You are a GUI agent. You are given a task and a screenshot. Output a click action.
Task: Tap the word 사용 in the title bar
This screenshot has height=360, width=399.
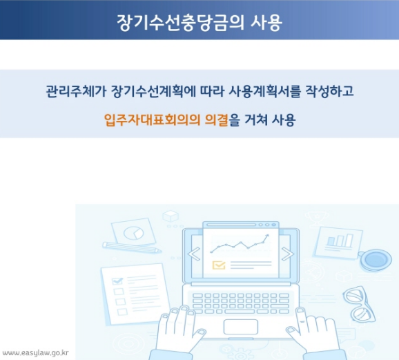[x=265, y=21]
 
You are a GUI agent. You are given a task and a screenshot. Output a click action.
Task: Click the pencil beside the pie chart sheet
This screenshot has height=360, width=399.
[x=132, y=247]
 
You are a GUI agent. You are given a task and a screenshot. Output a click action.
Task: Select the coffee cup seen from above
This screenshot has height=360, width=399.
[x=375, y=259]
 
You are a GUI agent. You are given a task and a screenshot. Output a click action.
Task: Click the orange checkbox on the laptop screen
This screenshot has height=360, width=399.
[x=219, y=265]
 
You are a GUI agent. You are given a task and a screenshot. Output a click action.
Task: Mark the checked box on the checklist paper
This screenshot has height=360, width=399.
[x=117, y=281]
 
